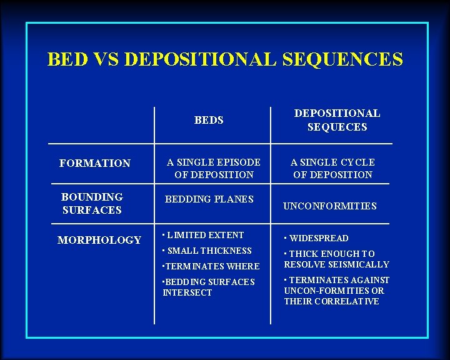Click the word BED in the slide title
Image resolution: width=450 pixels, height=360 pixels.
tap(64, 59)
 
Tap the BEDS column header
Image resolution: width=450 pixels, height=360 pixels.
tap(209, 120)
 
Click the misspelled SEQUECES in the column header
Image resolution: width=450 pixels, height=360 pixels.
tap(337, 127)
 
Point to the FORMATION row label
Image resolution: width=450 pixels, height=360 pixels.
tap(95, 163)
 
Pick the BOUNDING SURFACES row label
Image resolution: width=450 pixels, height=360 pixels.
tap(92, 204)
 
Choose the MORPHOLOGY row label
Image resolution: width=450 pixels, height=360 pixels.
tap(99, 240)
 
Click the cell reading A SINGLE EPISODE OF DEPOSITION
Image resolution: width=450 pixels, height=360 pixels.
tap(214, 168)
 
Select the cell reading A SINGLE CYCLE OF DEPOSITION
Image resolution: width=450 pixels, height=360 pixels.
tap(332, 168)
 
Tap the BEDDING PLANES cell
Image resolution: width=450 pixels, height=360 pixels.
tap(209, 199)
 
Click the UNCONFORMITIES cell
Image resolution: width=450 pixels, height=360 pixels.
tap(330, 206)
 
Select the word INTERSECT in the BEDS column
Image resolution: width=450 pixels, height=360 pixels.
tap(187, 292)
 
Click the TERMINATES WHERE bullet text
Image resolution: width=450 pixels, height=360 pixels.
tap(211, 266)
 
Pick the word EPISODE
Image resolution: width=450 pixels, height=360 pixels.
tap(236, 162)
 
